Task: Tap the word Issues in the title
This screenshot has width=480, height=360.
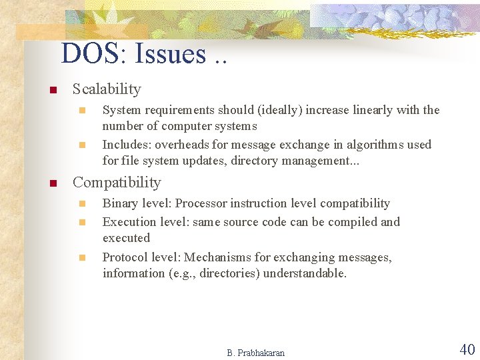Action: pyautogui.click(x=170, y=54)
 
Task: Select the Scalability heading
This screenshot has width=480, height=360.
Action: pyautogui.click(x=107, y=89)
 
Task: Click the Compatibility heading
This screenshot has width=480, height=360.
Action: pyautogui.click(x=117, y=183)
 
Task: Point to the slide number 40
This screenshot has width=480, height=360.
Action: pyautogui.click(x=467, y=349)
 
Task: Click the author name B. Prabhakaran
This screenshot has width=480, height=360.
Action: pyautogui.click(x=255, y=353)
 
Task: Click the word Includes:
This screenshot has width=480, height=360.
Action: pyautogui.click(x=127, y=145)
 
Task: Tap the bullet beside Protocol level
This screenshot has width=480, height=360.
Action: pyautogui.click(x=82, y=257)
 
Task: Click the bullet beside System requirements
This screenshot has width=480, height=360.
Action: pyautogui.click(x=82, y=110)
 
